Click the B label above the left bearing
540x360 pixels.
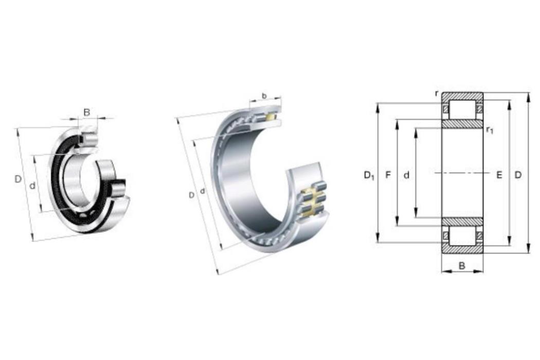pyautogui.click(x=87, y=112)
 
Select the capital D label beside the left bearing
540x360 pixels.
pyautogui.click(x=18, y=179)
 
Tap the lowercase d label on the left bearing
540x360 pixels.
pyautogui.click(x=32, y=186)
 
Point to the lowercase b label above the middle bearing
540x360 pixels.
pyautogui.click(x=264, y=96)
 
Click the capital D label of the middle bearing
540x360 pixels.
pyautogui.click(x=191, y=195)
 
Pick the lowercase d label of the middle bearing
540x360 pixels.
pyautogui.click(x=203, y=190)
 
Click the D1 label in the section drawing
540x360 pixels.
pyautogui.click(x=369, y=176)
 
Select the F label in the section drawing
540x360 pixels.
pyautogui.click(x=388, y=175)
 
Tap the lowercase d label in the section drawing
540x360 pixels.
pyautogui.click(x=407, y=175)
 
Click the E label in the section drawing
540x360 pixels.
pyautogui.click(x=499, y=175)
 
